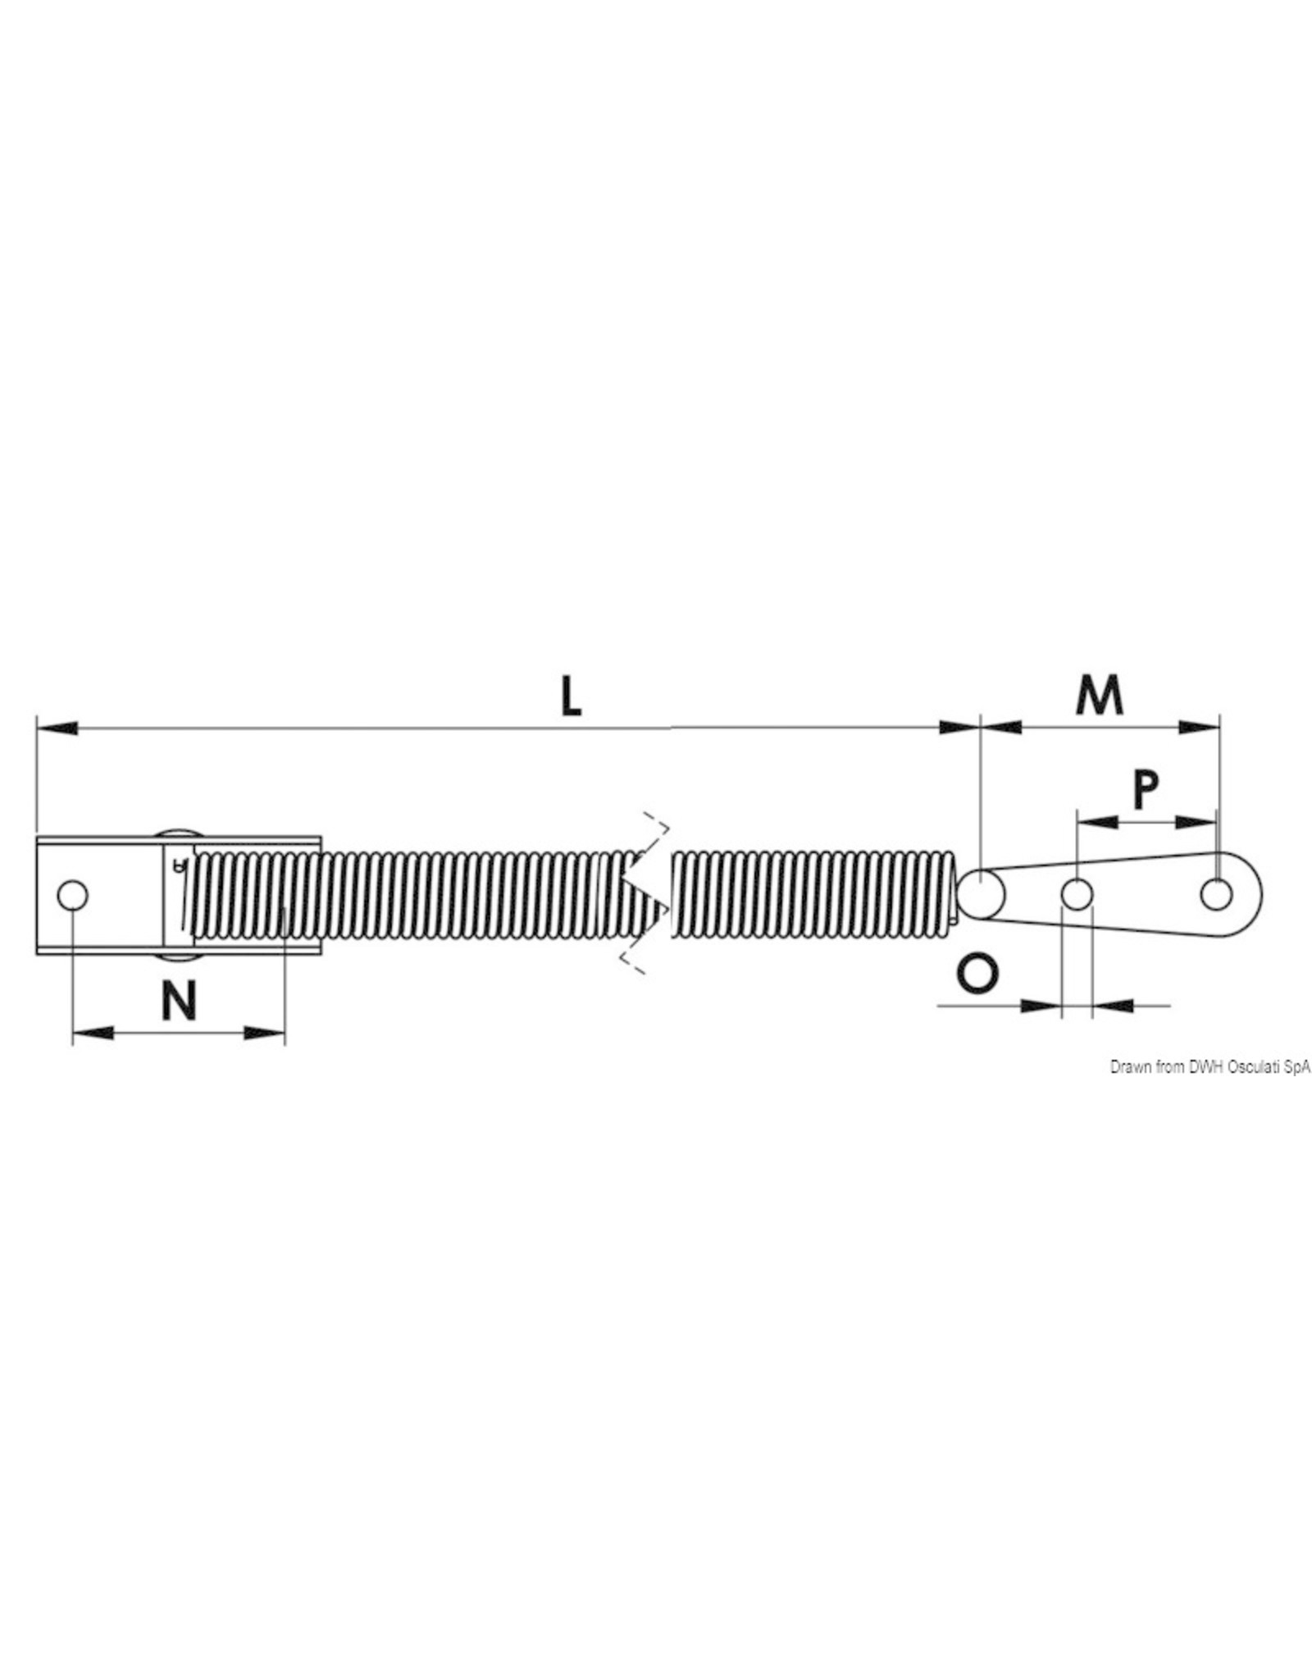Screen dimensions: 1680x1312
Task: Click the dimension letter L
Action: (571, 699)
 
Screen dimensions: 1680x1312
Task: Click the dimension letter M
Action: (1099, 696)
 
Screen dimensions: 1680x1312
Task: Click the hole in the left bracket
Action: (72, 896)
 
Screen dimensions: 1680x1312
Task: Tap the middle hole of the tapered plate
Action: (1077, 895)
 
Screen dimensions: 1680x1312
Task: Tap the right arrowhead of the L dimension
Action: (959, 727)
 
